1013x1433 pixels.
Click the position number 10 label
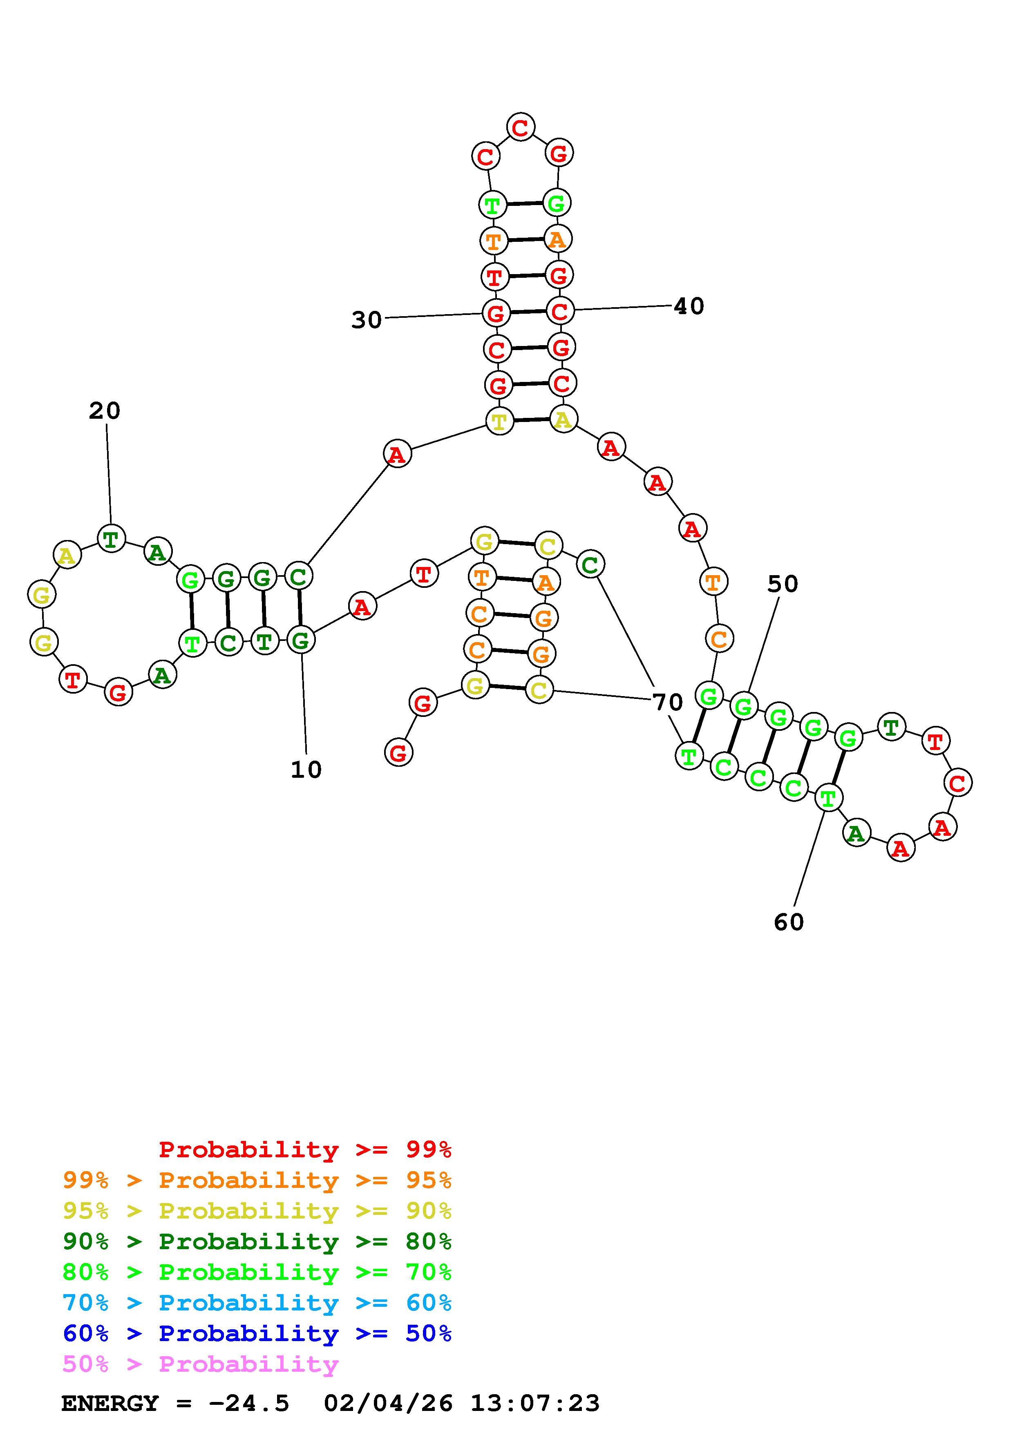306,770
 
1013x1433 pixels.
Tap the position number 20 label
104,411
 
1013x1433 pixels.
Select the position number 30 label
367,320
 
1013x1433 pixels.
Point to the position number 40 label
689,306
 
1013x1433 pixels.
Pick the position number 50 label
783,584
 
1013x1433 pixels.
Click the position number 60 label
789,922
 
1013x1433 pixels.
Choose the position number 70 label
668,702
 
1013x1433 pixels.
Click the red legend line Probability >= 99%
305,1149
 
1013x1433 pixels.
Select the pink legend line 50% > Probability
200,1364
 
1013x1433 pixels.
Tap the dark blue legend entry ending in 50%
257,1333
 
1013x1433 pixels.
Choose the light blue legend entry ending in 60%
257,1303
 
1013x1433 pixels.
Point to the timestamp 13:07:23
535,1403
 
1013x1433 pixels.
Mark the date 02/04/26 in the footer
388,1403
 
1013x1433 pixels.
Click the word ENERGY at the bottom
110,1403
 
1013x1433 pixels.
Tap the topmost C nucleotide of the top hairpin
520,127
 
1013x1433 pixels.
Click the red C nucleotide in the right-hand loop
957,782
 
